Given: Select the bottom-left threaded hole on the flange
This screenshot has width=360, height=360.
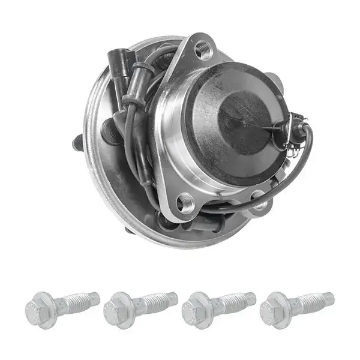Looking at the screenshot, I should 184,203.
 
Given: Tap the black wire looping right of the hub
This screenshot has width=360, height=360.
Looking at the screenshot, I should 303,162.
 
